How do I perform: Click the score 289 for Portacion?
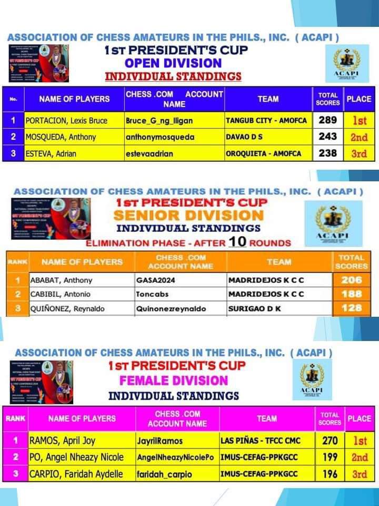click(327, 120)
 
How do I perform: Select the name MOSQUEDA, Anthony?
click(61, 137)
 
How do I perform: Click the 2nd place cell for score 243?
click(359, 137)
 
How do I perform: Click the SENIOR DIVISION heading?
click(188, 215)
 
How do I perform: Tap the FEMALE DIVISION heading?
click(174, 380)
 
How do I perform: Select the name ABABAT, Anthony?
click(61, 280)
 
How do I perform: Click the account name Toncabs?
click(151, 294)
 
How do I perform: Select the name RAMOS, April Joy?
click(59, 441)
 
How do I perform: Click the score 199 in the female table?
click(329, 458)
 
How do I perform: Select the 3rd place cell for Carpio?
click(360, 474)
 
